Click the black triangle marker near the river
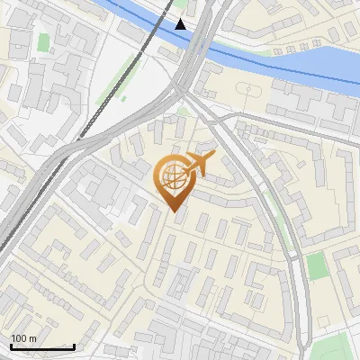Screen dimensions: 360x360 click(x=181, y=24)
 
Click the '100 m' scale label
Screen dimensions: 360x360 click(x=23, y=338)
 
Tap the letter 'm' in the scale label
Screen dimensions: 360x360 click(x=33, y=338)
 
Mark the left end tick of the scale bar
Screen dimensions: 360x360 click(x=10, y=346)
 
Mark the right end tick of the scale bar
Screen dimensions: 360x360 click(x=74, y=346)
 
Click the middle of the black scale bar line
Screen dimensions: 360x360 click(x=41, y=347)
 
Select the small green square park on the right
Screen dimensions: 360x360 click(x=315, y=265)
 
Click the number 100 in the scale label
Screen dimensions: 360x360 click(x=19, y=338)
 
